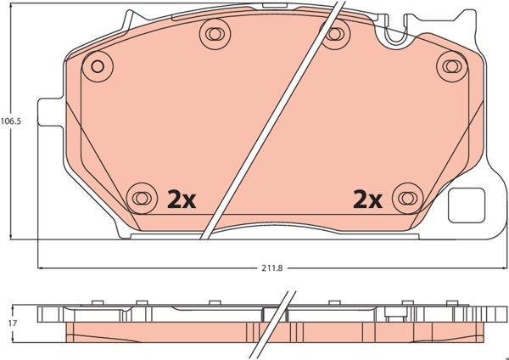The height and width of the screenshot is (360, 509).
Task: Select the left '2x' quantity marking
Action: [182, 200]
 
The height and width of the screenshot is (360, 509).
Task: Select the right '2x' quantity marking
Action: [367, 200]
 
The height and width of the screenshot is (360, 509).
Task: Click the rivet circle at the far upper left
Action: [97, 66]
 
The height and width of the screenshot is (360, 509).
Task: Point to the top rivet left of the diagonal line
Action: [215, 33]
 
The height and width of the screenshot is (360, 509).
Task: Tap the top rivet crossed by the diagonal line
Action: [334, 33]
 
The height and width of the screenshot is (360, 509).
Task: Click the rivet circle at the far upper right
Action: [451, 66]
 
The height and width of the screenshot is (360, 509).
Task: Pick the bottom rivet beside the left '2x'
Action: [142, 198]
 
